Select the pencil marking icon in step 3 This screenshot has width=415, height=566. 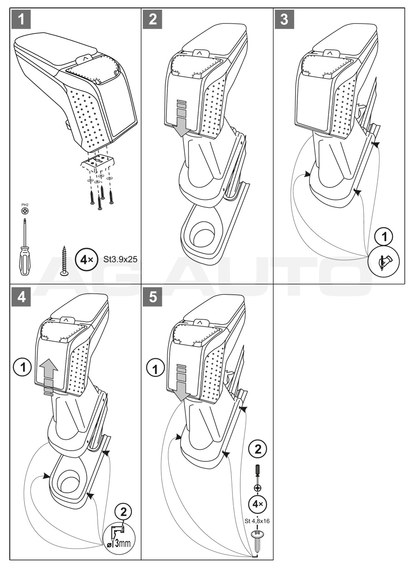click(383, 262)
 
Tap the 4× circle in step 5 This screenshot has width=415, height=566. click(258, 504)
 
